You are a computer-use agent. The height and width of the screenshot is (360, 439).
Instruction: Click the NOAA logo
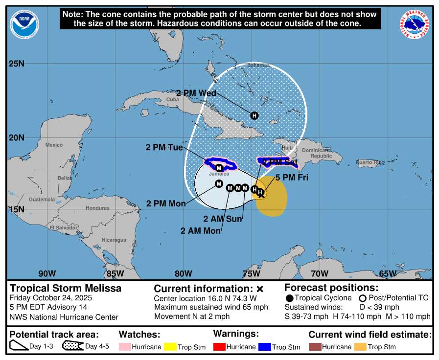coord(24,24)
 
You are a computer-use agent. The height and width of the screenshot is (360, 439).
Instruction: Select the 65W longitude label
coord(388,273)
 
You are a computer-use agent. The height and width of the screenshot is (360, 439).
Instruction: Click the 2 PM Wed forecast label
coord(196,93)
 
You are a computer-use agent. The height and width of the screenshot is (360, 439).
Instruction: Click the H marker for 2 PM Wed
coord(254,115)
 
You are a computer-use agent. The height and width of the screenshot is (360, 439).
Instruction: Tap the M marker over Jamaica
coord(219,168)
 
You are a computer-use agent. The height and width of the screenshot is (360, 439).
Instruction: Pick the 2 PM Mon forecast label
coord(166,203)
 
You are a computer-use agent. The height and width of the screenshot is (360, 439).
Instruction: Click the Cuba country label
coord(172,99)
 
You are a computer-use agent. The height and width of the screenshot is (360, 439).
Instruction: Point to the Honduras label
coord(98,208)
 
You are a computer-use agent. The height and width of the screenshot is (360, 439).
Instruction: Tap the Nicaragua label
coord(114,240)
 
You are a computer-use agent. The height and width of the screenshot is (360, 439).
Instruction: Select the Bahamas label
coord(258,65)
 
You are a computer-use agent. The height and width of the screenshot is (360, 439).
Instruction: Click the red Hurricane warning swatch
coord(220,347)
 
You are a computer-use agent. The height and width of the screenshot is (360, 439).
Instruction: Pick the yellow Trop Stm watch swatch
coord(171,347)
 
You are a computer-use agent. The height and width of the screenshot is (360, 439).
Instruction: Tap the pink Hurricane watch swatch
coord(125,347)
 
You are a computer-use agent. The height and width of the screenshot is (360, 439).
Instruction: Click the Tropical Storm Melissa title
coord(66,288)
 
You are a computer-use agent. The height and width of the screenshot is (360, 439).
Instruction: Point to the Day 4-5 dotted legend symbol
coord(72,346)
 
